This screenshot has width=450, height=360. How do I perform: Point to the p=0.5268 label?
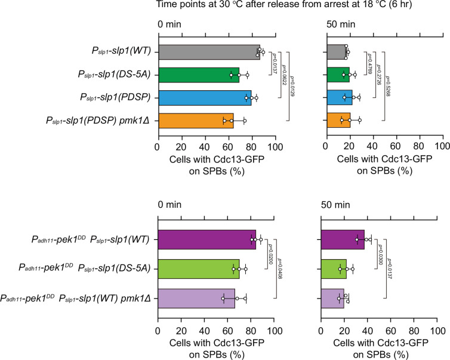(387, 87)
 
